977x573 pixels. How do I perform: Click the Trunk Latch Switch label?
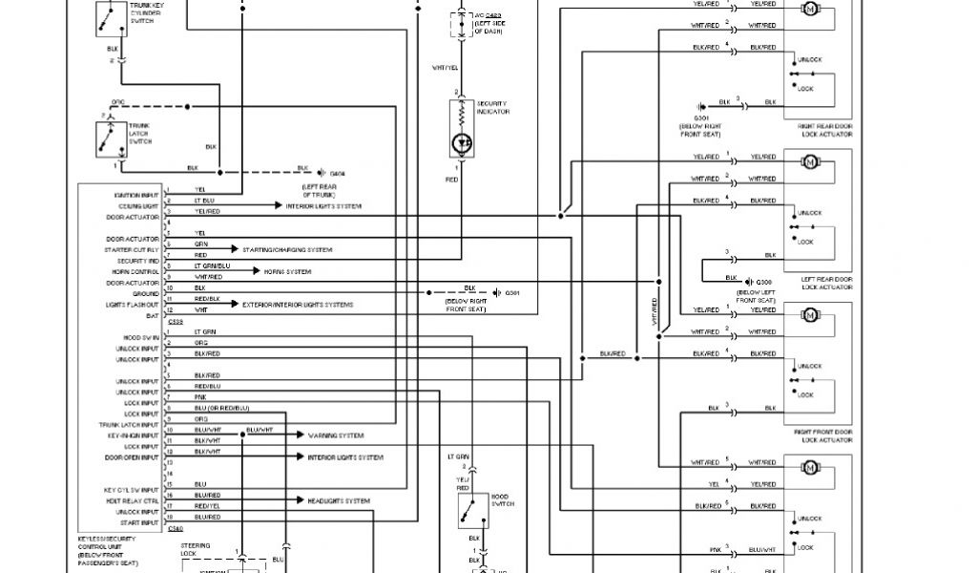(x=139, y=134)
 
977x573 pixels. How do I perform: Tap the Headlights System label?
(x=338, y=500)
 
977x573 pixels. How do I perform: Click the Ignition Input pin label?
(x=135, y=195)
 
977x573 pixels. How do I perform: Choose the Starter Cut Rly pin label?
(x=133, y=249)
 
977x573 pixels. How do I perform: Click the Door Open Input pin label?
(x=133, y=457)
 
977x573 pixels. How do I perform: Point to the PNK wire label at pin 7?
(x=200, y=396)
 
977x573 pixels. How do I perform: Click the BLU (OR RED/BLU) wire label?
(x=221, y=408)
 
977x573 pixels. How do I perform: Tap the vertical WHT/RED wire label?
(x=655, y=313)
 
